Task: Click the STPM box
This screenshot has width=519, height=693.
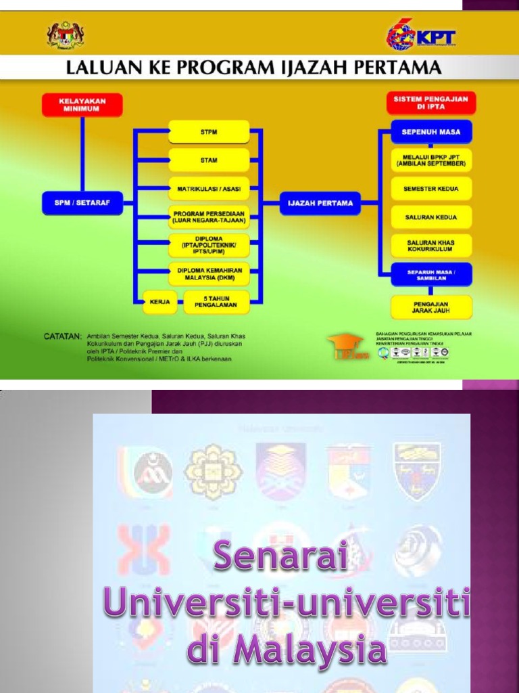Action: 209,132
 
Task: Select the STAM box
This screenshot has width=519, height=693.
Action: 209,160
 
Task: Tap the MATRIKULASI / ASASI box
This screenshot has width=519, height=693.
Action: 209,188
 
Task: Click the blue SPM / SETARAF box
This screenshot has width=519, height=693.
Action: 82,202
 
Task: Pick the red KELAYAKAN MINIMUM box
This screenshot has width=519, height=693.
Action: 82,104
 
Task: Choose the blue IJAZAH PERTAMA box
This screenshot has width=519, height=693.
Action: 320,202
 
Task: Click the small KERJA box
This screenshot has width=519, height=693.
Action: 160,301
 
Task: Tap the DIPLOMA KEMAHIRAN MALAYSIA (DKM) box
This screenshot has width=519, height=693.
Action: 209,273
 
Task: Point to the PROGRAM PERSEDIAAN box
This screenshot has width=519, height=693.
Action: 209,217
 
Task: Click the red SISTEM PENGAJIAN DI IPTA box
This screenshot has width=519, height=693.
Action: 432,103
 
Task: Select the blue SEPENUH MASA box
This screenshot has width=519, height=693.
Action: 432,132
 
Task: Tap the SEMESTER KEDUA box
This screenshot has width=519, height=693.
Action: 432,189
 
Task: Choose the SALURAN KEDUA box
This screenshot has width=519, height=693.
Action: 432,217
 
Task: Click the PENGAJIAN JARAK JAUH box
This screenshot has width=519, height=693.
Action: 432,307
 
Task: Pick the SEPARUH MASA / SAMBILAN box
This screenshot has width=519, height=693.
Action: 432,274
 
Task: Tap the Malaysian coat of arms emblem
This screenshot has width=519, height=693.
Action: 65,36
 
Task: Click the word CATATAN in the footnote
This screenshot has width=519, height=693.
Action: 63,336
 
